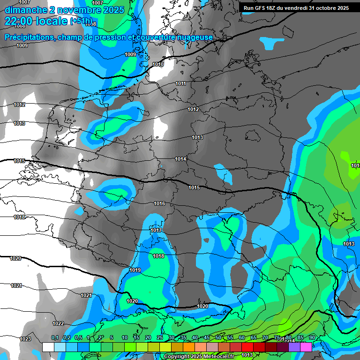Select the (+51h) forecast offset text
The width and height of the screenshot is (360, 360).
(81, 21)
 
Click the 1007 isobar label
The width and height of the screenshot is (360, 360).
(24, 3)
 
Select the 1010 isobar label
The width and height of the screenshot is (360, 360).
(158, 64)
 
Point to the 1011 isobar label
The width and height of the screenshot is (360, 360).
(181, 84)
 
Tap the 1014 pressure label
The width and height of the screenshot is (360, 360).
(181, 159)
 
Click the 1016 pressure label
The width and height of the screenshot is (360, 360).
(159, 203)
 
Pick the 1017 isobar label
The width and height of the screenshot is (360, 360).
(156, 230)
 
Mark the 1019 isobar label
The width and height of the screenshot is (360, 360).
(135, 270)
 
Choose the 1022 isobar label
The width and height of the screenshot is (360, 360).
(58, 323)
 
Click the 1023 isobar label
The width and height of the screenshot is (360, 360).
(25, 339)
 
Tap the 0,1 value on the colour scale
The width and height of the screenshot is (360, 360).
(55, 338)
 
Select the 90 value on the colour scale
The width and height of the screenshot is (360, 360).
(312, 338)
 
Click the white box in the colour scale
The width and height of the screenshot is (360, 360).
(48, 347)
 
